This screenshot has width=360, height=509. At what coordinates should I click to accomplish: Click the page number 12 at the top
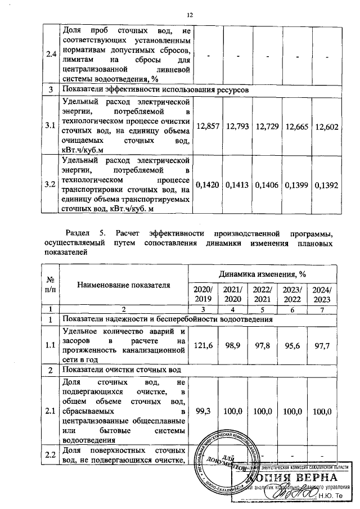(x=190, y=15)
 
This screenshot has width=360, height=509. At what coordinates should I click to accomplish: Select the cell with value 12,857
(x=208, y=127)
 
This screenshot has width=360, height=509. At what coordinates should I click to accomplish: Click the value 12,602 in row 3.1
(x=327, y=127)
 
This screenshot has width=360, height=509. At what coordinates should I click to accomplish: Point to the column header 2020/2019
(x=208, y=294)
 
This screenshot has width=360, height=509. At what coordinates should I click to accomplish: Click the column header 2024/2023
(x=327, y=294)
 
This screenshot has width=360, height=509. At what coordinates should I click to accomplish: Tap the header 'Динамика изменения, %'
(x=267, y=274)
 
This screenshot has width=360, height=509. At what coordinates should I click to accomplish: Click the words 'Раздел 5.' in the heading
(x=85, y=232)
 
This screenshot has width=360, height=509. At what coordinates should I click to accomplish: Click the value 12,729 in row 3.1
(x=267, y=127)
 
